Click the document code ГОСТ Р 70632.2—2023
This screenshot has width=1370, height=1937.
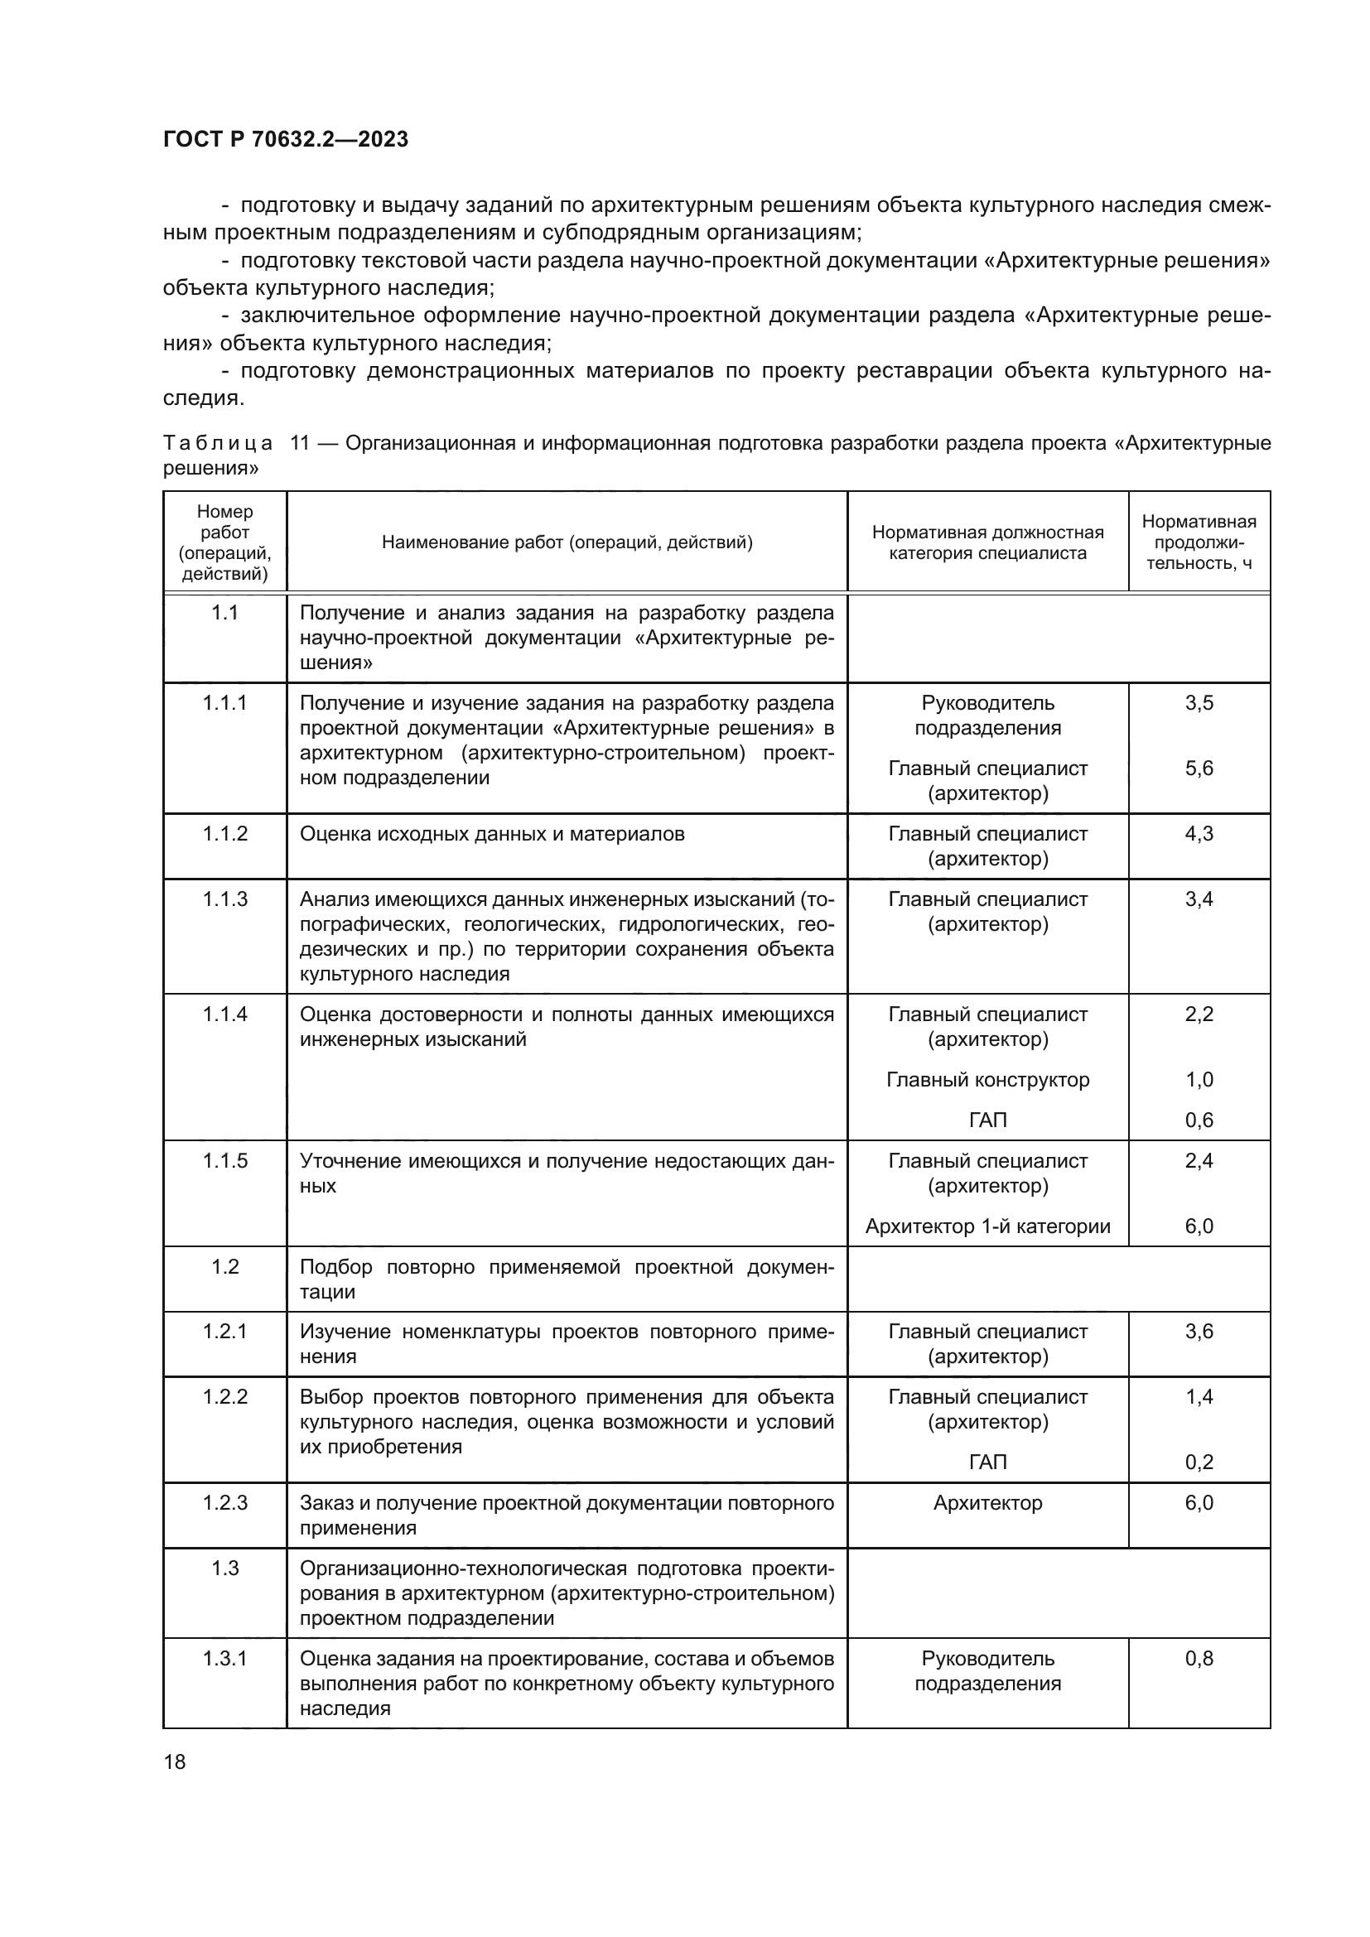tap(285, 139)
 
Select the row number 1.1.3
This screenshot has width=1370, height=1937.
tap(224, 899)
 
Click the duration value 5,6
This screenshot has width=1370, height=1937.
tap(1198, 768)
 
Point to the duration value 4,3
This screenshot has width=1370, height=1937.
tap(1198, 834)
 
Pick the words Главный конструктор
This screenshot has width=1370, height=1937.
tap(987, 1080)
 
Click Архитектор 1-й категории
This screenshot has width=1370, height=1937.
tap(987, 1226)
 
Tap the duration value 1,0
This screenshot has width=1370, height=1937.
tap(1198, 1080)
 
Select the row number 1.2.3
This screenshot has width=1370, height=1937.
tap(224, 1502)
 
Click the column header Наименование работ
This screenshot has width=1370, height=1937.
tap(566, 542)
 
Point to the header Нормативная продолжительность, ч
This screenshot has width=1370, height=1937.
tap(1198, 542)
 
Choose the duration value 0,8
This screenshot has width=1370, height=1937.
tap(1198, 1659)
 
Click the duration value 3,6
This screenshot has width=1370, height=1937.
tap(1198, 1332)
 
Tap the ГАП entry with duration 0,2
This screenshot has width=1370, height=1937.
tap(987, 1462)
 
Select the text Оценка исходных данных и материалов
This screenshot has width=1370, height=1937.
tap(492, 834)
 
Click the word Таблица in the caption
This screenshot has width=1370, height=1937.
tap(218, 444)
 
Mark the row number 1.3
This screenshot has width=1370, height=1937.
tap(224, 1568)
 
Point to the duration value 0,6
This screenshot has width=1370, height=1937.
tap(1198, 1120)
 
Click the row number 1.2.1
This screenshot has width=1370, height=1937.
tap(224, 1332)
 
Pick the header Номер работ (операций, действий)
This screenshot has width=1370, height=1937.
tap(224, 542)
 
